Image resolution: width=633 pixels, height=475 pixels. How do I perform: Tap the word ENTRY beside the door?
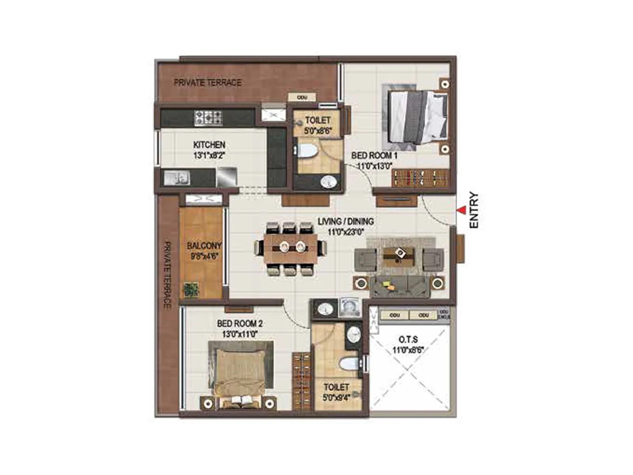[x=474, y=210]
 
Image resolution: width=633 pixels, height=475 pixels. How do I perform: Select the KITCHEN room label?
[x=209, y=145]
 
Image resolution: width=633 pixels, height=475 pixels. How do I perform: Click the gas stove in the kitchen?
[x=208, y=118]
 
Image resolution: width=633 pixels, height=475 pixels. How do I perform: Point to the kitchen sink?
[x=176, y=178]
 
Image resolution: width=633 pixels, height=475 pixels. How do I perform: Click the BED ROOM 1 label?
[x=374, y=156]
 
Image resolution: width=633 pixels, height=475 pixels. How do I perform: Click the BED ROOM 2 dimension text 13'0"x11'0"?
[x=240, y=334]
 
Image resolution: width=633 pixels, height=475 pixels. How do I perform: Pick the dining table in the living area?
[x=291, y=249]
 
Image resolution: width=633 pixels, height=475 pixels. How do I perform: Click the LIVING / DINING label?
[x=346, y=222]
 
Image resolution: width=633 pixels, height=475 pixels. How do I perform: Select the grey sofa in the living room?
[x=400, y=286]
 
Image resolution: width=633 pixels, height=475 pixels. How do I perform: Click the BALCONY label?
[x=204, y=246]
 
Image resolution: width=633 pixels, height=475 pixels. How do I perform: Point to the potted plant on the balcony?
[x=191, y=289]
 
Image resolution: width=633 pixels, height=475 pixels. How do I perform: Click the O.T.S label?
[x=408, y=340]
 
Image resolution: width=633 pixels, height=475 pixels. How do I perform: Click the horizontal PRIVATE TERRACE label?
[x=208, y=83]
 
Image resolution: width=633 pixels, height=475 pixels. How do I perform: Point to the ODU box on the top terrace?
[x=302, y=97]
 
